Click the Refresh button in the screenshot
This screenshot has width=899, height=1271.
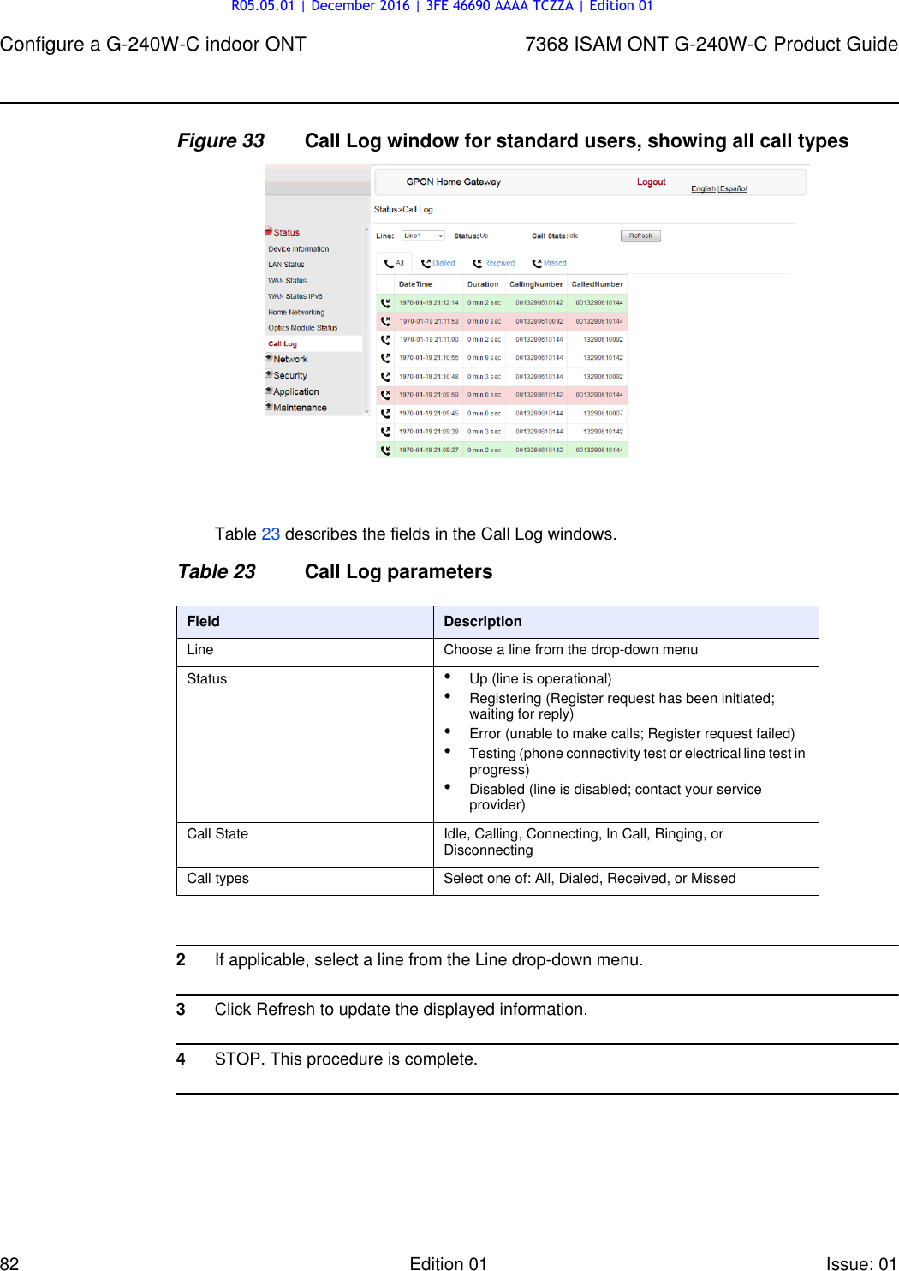[640, 236]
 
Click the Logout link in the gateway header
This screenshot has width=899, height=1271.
[651, 182]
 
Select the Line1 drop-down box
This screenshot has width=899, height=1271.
[424, 236]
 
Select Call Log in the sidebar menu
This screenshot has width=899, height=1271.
[283, 343]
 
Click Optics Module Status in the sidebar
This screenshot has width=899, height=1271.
[302, 327]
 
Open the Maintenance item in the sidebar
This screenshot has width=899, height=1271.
[300, 408]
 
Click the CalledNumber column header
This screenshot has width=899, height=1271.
[597, 284]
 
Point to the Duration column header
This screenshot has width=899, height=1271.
[483, 284]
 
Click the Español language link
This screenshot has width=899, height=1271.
[734, 188]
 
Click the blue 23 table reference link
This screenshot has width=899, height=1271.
[271, 534]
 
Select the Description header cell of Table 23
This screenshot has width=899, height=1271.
[483, 622]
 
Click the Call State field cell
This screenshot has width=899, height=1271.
[217, 834]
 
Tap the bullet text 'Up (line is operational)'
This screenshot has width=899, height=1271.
[540, 679]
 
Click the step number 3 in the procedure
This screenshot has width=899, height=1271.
[181, 1010]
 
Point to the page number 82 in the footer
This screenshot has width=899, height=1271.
[9, 1263]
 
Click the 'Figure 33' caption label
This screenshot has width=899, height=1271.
[221, 141]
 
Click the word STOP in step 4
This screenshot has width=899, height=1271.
[237, 1059]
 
